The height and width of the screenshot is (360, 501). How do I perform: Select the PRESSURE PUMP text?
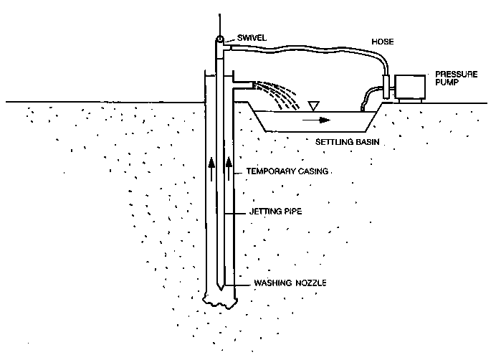pos(451,77)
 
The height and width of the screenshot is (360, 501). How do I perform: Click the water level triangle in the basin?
pos(313,106)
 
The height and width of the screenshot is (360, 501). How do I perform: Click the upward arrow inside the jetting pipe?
pos(212,166)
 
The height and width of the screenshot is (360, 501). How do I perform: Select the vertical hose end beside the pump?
pos(387,86)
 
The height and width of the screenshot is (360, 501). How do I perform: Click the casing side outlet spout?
pos(242,85)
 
